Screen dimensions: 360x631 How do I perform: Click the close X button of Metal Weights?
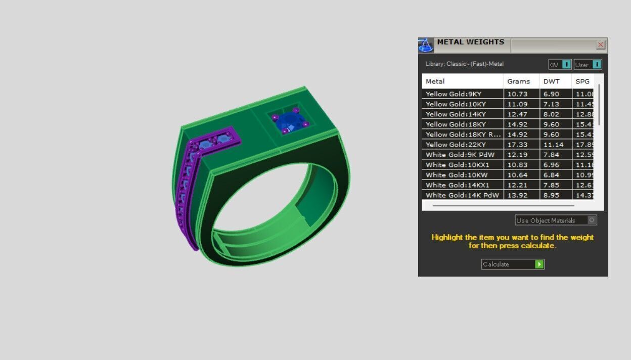(600, 45)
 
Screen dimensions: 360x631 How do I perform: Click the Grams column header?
(518, 81)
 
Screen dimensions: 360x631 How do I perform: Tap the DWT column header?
(552, 81)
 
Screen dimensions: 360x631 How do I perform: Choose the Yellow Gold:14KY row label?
(456, 114)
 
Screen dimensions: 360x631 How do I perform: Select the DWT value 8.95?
(551, 195)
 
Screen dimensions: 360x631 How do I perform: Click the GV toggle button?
(560, 65)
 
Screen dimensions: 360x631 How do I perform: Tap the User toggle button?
(588, 65)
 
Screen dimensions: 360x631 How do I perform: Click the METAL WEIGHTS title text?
(470, 42)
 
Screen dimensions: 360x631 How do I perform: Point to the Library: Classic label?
(464, 64)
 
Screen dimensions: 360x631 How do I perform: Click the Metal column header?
(435, 81)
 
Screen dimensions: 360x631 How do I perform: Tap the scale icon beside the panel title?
(426, 46)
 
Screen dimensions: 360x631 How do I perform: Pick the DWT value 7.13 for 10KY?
(551, 104)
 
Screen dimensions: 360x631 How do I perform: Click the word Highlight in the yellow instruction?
(447, 237)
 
